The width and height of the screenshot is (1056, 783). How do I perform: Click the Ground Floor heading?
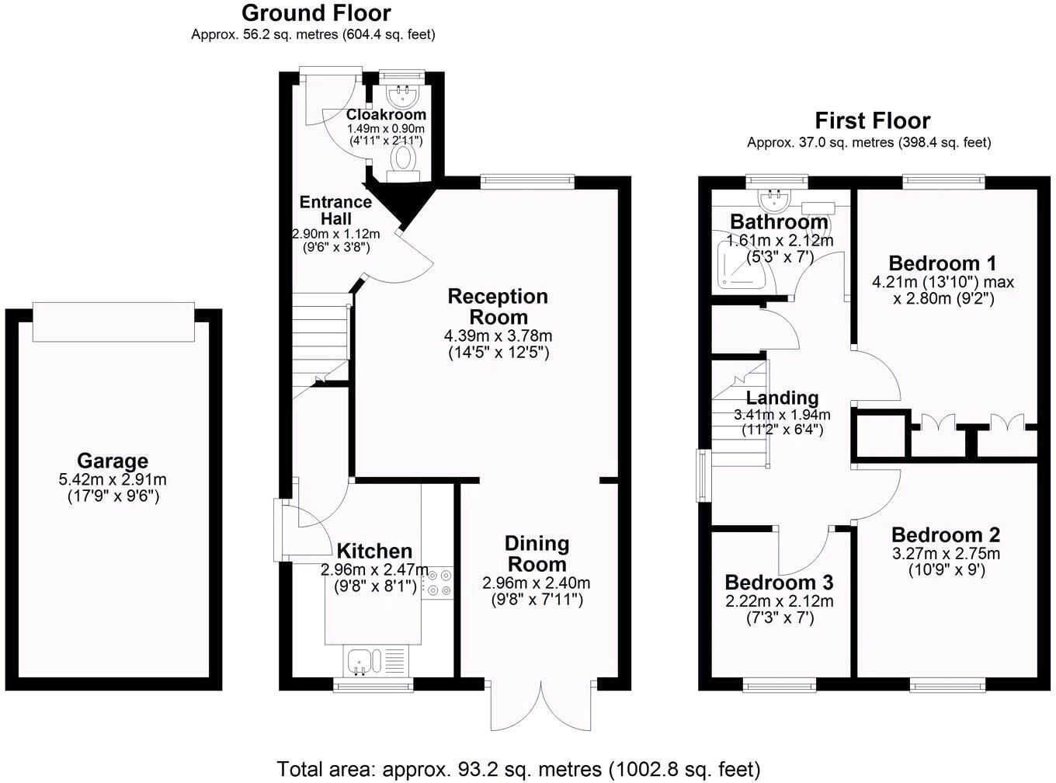[316, 13]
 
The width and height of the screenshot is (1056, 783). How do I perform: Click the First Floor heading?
[872, 121]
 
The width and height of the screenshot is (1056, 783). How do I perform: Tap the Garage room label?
[113, 461]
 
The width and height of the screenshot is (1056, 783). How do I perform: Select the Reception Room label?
[498, 306]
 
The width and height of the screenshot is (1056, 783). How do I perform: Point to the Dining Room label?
[537, 553]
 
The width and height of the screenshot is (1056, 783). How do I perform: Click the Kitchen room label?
[374, 552]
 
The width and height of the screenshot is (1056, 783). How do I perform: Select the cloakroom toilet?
[402, 161]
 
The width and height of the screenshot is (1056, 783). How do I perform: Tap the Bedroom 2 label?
[945, 535]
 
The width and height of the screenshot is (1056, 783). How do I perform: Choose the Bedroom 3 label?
[779, 583]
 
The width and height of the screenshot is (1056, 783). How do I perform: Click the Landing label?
[782, 398]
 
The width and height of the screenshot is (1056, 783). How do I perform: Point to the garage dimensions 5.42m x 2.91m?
[113, 480]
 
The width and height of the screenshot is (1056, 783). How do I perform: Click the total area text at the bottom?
[518, 769]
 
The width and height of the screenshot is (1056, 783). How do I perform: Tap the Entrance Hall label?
[335, 211]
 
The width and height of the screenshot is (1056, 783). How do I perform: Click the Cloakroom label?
[386, 115]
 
